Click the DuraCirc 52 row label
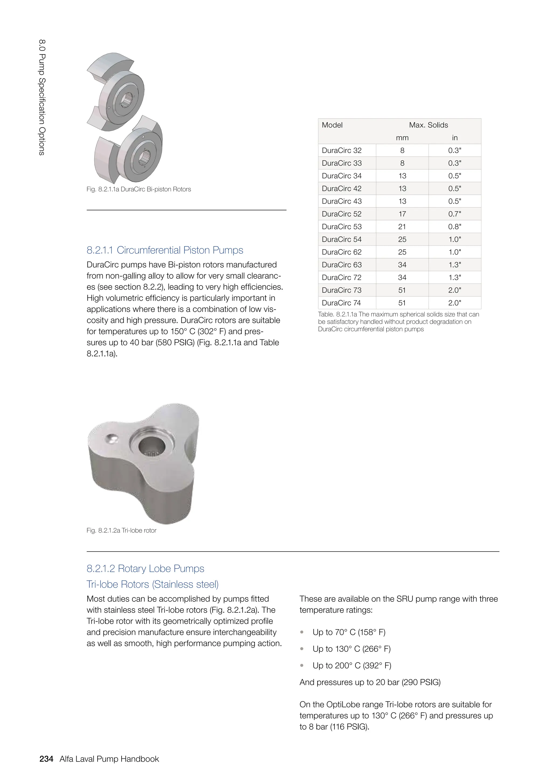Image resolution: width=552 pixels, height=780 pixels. [x=341, y=214]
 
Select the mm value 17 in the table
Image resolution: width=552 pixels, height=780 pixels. [x=402, y=214]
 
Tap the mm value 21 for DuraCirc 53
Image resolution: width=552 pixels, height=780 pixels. [x=402, y=227]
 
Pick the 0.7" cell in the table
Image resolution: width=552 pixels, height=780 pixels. [x=454, y=214]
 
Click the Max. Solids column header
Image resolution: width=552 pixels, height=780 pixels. [x=428, y=125]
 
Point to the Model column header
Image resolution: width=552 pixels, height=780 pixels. [x=332, y=125]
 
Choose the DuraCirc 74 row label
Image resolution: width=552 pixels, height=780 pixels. [x=341, y=303]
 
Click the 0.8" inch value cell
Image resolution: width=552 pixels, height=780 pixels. [x=454, y=227]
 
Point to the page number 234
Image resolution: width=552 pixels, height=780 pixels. [x=46, y=759]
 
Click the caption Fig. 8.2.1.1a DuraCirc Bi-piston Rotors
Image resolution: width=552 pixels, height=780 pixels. [x=139, y=189]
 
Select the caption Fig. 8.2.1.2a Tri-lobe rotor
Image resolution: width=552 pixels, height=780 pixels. [x=121, y=530]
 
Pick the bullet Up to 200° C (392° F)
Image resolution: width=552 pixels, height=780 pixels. [x=352, y=666]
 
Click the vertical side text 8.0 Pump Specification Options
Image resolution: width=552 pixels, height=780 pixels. [x=42, y=97]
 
